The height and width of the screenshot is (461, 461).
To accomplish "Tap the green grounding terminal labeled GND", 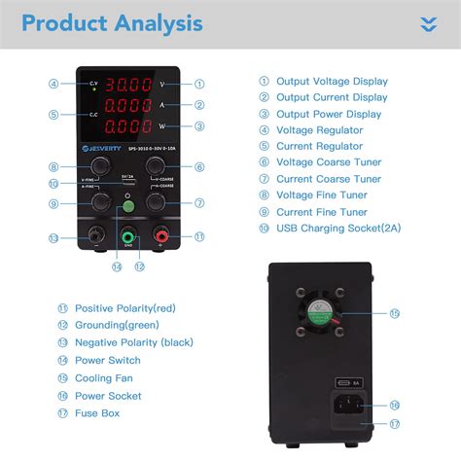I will click(x=127, y=236).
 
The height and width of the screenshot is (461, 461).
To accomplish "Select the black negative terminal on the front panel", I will click(x=93, y=236).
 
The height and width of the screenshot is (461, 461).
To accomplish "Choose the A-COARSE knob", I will click(x=154, y=203).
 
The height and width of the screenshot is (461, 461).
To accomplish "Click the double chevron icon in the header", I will click(x=428, y=24).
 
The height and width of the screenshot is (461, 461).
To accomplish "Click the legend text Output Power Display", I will click(x=329, y=114).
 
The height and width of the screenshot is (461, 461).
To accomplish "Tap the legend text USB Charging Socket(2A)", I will click(x=337, y=228).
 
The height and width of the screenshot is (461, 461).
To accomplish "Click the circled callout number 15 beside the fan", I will click(x=394, y=314).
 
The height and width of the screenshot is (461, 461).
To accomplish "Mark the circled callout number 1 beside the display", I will click(x=199, y=84).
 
